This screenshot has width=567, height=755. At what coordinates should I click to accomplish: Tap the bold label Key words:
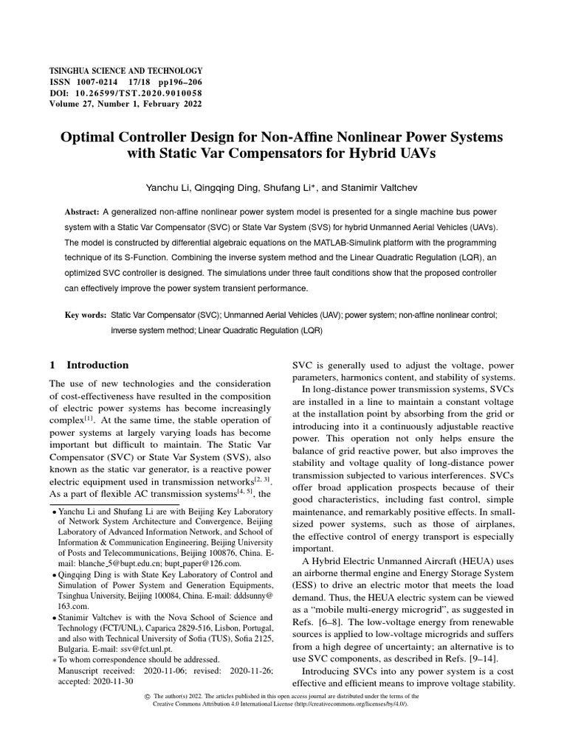click(85, 316)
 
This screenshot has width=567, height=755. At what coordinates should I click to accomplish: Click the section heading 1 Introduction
click(89, 365)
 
